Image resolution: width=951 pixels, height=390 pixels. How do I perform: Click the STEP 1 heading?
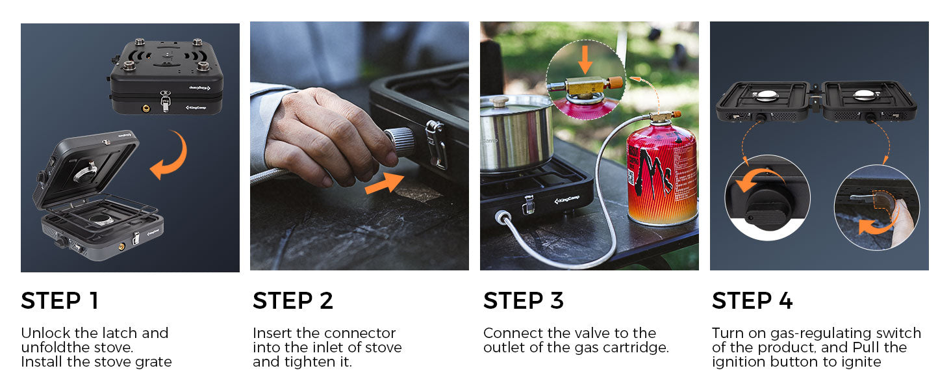(60, 301)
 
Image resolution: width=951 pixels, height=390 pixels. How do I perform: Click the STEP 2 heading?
(292, 301)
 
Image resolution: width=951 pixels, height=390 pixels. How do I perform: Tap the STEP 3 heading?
(523, 301)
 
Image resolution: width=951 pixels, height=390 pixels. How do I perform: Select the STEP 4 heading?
(752, 301)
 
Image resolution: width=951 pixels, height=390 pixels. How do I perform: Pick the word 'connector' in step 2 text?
(360, 333)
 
